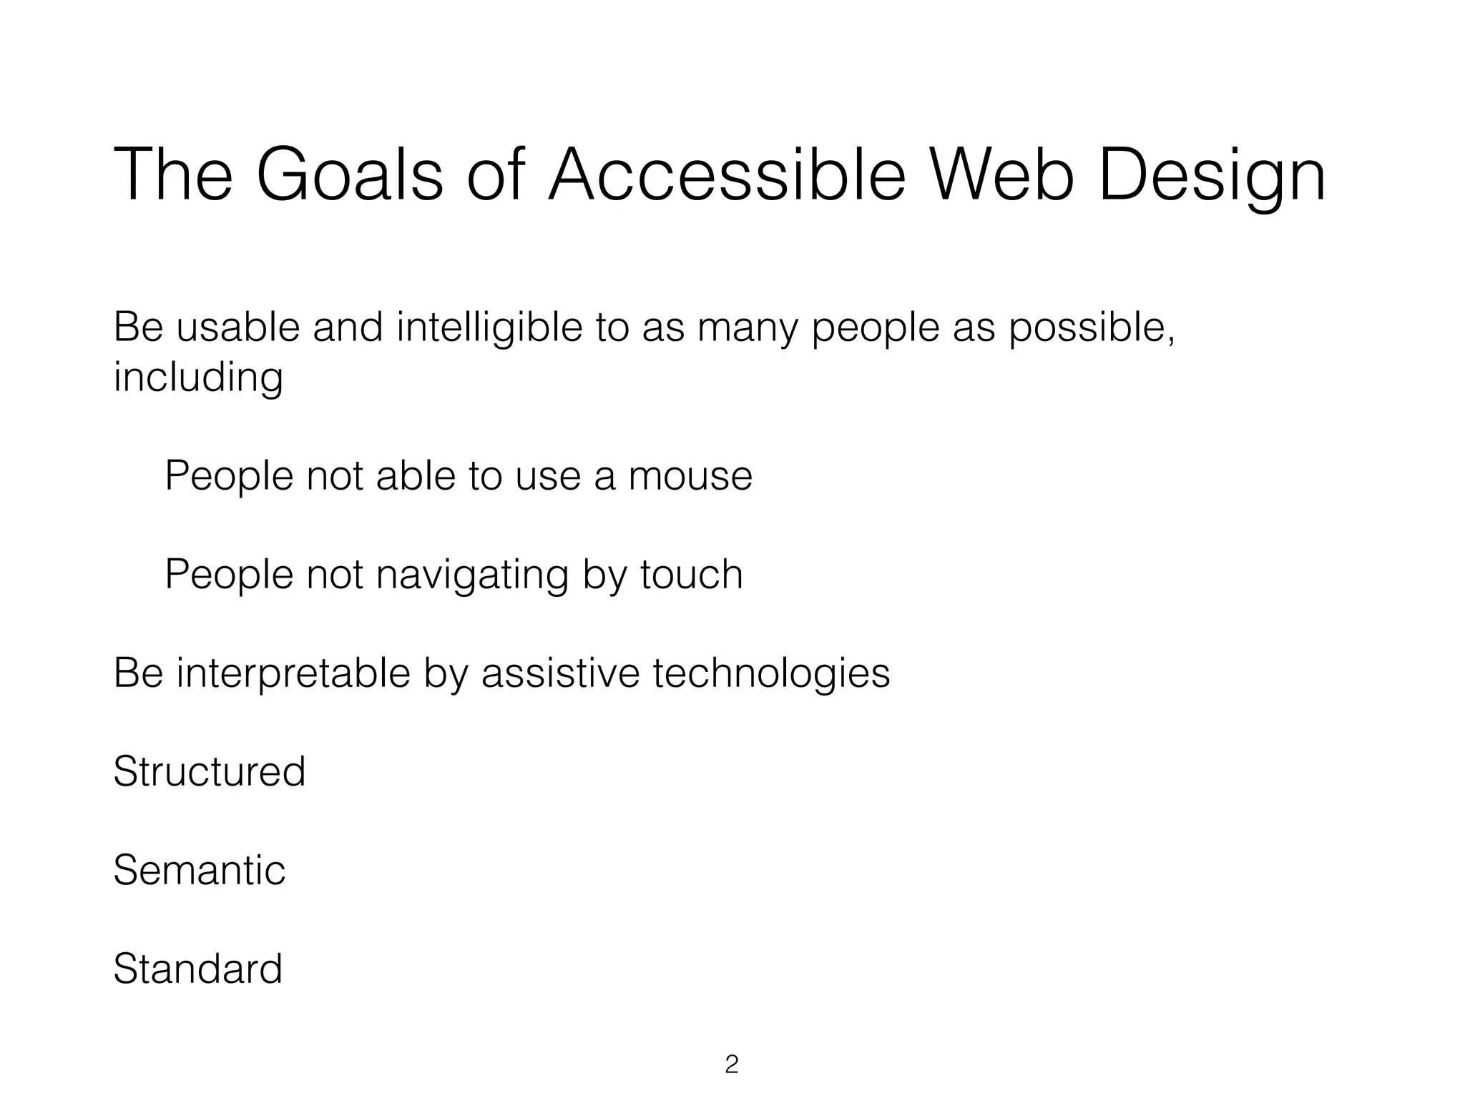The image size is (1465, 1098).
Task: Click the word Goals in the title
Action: click(349, 176)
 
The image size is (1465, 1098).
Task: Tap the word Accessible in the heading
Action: click(727, 176)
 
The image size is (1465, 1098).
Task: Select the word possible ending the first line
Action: click(1090, 329)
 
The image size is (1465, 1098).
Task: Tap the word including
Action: click(198, 379)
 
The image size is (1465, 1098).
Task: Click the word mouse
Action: click(690, 476)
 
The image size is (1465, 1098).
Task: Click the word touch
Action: click(691, 574)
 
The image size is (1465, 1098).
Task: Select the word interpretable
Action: click(293, 674)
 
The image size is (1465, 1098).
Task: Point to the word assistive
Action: click(560, 673)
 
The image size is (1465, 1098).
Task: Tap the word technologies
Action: click(771, 674)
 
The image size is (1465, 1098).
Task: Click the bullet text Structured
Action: click(209, 772)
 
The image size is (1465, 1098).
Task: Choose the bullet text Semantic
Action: click(199, 871)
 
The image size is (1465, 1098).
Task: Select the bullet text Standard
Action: click(197, 969)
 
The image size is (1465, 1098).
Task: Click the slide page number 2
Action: click(731, 1064)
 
